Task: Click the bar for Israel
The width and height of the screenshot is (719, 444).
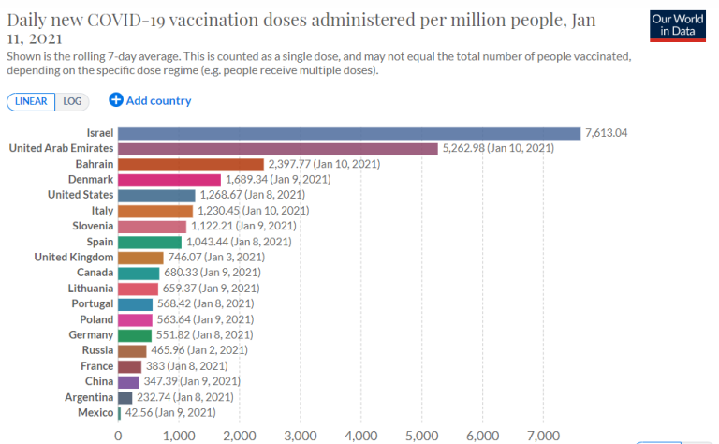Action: pyautogui.click(x=349, y=133)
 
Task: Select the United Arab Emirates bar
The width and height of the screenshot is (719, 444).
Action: pyautogui.click(x=278, y=148)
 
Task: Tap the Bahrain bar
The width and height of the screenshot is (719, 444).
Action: pyautogui.click(x=191, y=164)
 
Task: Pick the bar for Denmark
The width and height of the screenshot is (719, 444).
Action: pyautogui.click(x=169, y=180)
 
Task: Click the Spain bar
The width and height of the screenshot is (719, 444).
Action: pyautogui.click(x=150, y=242)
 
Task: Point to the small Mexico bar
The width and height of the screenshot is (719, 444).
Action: pyautogui.click(x=120, y=412)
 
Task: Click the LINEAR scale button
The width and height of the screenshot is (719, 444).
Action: pyautogui.click(x=31, y=101)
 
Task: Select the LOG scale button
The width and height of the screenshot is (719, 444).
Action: pyautogui.click(x=72, y=101)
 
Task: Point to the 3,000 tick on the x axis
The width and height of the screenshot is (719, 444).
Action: pyautogui.click(x=300, y=436)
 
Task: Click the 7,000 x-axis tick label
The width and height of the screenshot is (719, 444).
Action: pyautogui.click(x=543, y=436)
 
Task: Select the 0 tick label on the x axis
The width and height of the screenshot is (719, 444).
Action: pyautogui.click(x=118, y=436)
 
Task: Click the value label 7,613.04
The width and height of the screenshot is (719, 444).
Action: pyautogui.click(x=606, y=133)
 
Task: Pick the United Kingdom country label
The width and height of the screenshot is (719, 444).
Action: pyautogui.click(x=74, y=257)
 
